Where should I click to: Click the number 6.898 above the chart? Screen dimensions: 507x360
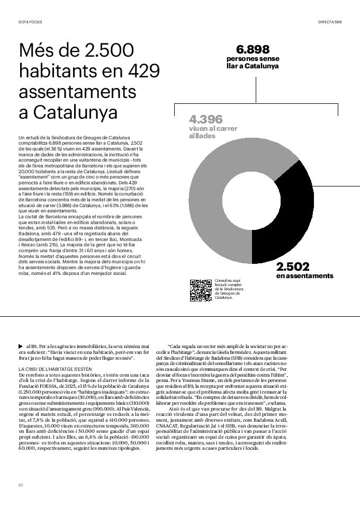point(253,50)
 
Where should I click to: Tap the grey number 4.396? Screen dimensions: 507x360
point(206,119)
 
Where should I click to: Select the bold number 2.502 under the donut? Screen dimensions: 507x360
point(293,266)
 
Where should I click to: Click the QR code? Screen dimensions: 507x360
point(201,290)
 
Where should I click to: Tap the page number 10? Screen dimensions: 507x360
point(20,485)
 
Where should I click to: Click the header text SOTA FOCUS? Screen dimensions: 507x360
point(30,22)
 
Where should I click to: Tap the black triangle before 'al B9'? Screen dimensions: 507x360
point(21,346)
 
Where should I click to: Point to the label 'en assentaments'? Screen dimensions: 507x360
point(304,276)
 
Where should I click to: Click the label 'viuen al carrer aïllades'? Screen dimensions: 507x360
point(213,132)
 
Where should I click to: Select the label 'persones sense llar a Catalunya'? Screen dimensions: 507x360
point(253,62)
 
